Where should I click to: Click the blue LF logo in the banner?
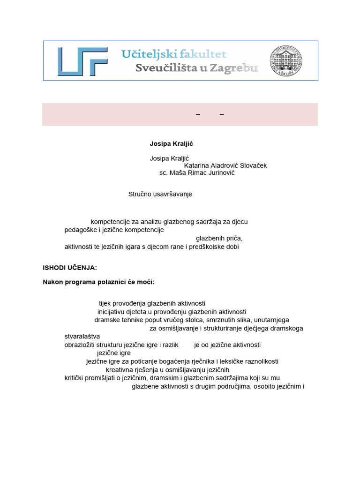click(82, 61)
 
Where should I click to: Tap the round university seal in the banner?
click(285, 61)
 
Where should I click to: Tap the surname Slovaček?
click(253, 165)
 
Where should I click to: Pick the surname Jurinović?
click(220, 173)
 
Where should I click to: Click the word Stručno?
click(139, 194)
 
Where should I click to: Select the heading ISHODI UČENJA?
click(70, 268)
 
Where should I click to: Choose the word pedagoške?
click(80, 230)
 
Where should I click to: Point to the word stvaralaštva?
click(82, 337)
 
